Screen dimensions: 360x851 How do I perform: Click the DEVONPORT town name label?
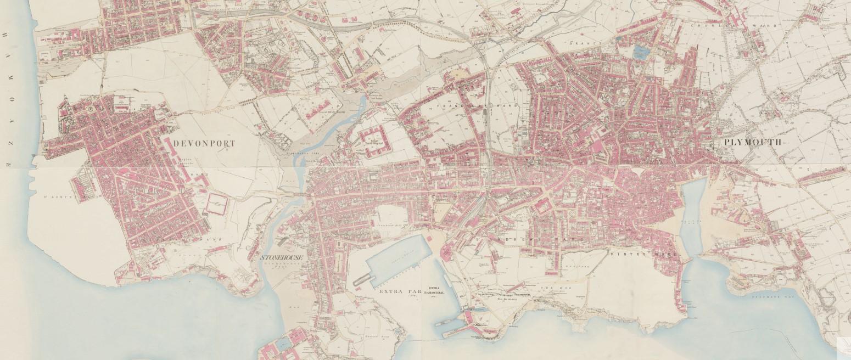coord(204,144)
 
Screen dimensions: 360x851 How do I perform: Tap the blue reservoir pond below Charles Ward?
coord(640,53)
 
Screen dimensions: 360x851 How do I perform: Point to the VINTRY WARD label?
coord(642,256)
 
